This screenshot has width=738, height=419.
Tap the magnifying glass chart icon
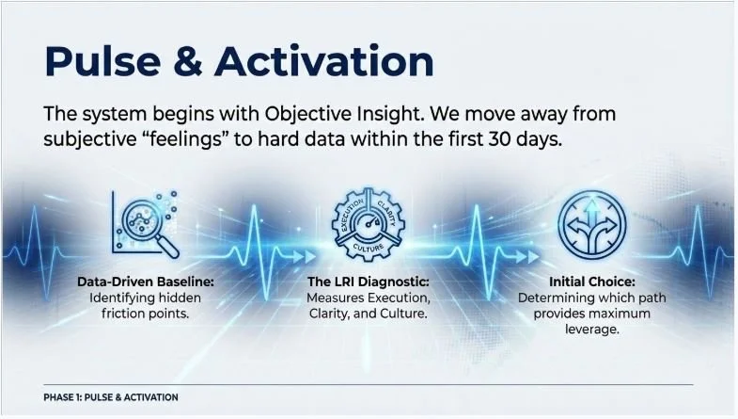click(146, 224)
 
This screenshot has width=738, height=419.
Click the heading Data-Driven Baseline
click(145, 282)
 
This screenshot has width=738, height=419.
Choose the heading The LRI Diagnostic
click(368, 282)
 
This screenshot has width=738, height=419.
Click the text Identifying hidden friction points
click(145, 306)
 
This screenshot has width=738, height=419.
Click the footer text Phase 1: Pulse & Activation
click(111, 397)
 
